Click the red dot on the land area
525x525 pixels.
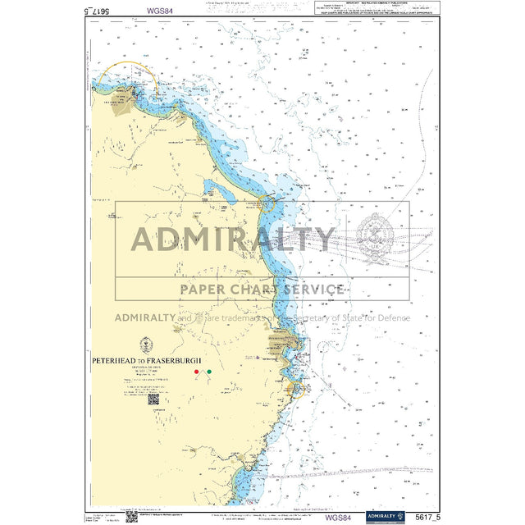tap(196, 372)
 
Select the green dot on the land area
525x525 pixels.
tap(209, 372)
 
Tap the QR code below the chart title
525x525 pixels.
tap(153, 400)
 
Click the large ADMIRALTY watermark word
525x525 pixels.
tap(234, 240)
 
